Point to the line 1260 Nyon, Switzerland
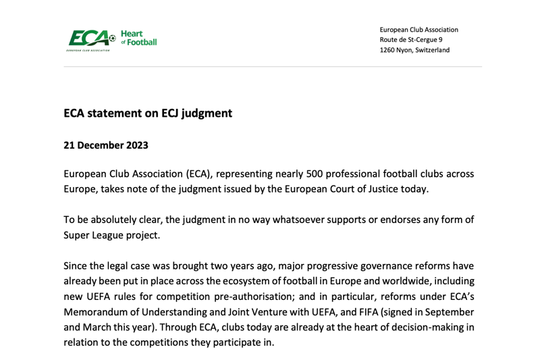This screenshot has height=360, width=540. (x=414, y=50)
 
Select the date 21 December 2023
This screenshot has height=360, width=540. (x=105, y=145)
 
